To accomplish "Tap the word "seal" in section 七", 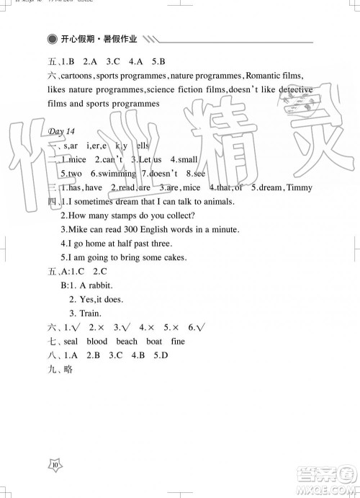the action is (x=70, y=342).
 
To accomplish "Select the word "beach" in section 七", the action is (x=127, y=342).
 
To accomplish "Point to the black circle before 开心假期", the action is (x=50, y=39).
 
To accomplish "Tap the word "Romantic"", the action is (x=266, y=76).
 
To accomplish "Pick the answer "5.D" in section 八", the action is (x=161, y=355).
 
